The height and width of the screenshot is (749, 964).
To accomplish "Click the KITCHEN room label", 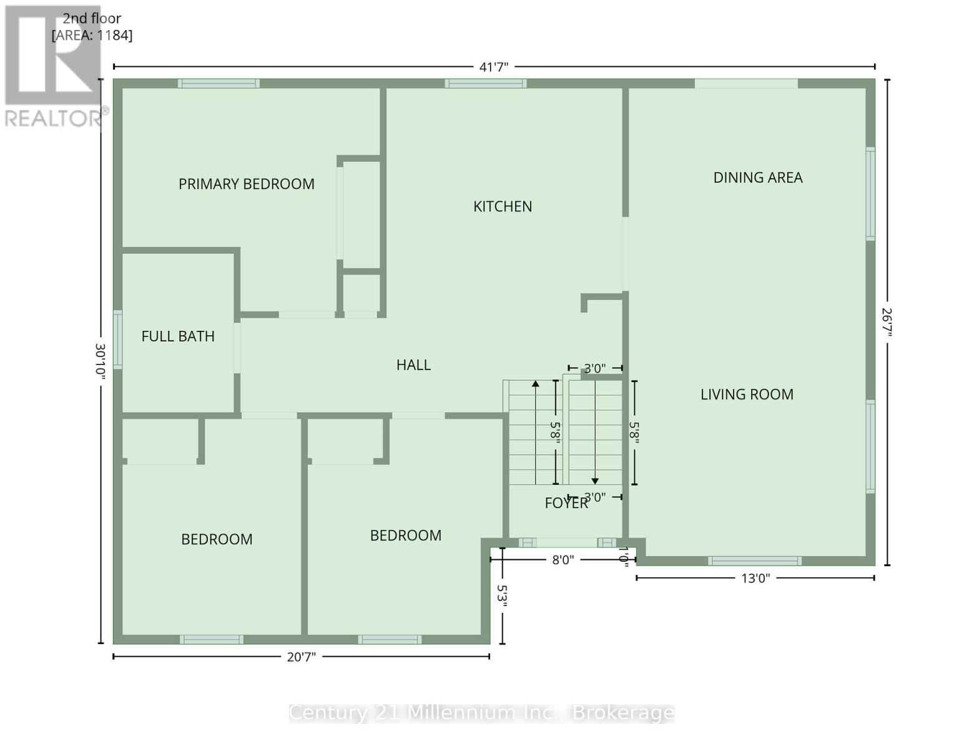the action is [502, 207].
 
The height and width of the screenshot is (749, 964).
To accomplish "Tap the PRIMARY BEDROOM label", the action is [246, 184].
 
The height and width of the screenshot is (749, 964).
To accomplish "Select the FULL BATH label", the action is [178, 336].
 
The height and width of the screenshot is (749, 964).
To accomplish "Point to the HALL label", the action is [413, 365].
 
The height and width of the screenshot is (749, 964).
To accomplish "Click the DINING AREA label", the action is [758, 178].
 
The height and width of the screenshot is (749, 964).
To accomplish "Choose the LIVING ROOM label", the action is [747, 394].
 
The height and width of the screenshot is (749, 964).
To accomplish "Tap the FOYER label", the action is [566, 503].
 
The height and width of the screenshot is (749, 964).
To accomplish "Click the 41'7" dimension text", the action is [494, 67].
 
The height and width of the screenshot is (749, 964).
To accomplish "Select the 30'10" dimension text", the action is [101, 361].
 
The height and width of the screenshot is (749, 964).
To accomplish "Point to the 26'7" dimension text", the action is [887, 323].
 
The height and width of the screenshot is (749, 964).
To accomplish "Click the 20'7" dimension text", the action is [301, 657].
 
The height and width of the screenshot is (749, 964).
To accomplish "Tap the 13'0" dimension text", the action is [755, 578].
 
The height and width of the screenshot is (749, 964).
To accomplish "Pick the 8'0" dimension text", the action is [563, 560].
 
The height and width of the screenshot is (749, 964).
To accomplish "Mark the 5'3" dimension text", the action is [502, 596].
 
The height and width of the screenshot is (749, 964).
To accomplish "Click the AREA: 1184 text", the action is [92, 35].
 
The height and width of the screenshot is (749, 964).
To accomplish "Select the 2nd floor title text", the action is [92, 18].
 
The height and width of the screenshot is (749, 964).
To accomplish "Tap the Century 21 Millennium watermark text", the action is [482, 713].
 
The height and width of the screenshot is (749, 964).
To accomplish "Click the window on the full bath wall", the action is [117, 340].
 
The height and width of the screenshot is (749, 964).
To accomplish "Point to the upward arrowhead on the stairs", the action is [536, 384].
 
